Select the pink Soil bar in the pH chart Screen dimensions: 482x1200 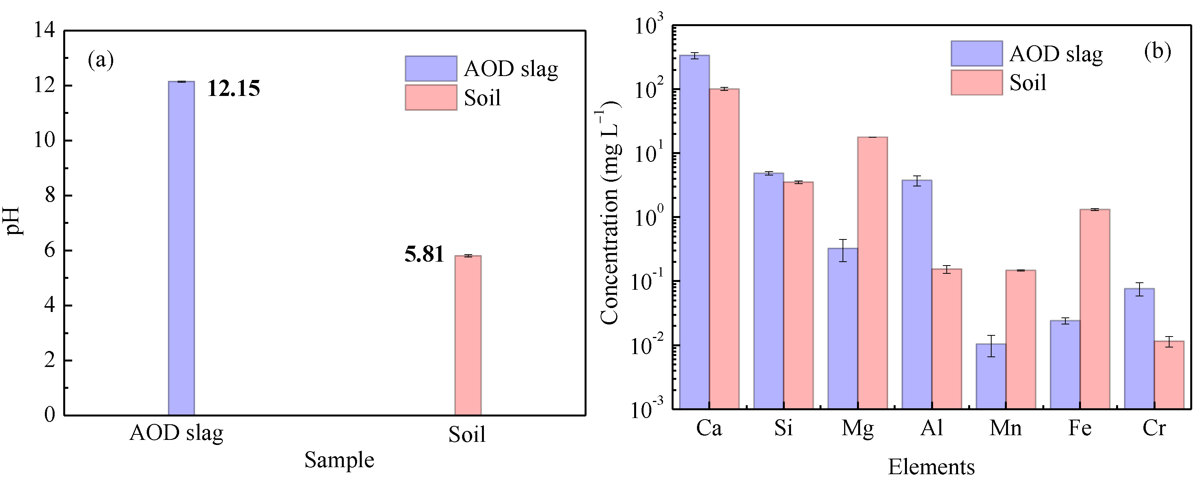click(468, 335)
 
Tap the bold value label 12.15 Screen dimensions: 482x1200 click(233, 89)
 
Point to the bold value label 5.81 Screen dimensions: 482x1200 click(424, 255)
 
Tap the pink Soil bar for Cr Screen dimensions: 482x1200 click(1169, 375)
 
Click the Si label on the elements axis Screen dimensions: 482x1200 click(783, 428)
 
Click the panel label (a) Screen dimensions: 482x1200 click(101, 60)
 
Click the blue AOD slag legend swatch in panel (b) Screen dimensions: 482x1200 click(976, 53)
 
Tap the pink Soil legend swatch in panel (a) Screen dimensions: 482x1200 click(430, 97)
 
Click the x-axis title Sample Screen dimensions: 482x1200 click(339, 460)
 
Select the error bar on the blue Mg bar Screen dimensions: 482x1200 click(843, 250)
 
